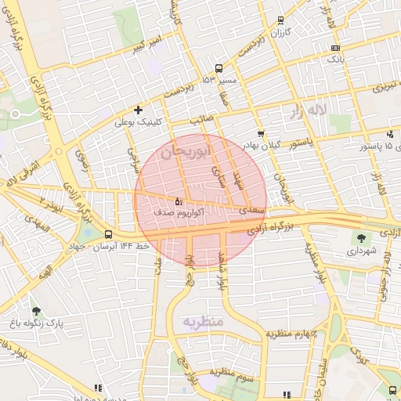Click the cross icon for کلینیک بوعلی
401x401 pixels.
point(139,110)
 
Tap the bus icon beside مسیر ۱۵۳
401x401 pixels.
point(219,68)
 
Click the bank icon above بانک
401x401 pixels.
point(335,48)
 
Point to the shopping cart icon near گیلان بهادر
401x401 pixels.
point(261,133)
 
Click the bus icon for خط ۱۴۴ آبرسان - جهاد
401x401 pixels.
point(108,234)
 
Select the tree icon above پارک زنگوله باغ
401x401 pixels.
point(34,311)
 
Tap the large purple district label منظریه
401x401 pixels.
point(204,322)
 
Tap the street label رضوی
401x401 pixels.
point(81,161)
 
